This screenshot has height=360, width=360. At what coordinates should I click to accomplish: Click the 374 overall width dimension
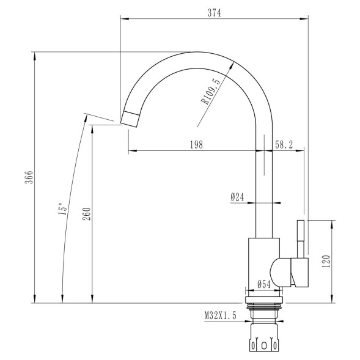(213, 13)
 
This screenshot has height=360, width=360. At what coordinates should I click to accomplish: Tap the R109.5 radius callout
(211, 92)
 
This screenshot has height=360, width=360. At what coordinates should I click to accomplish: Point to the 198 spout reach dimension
(196, 144)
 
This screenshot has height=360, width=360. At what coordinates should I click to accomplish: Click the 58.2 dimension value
(284, 144)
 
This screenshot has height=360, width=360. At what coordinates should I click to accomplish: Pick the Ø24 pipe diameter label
(238, 197)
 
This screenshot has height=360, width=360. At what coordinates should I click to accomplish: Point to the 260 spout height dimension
(86, 214)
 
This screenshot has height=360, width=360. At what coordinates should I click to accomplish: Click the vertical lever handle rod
(301, 238)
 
